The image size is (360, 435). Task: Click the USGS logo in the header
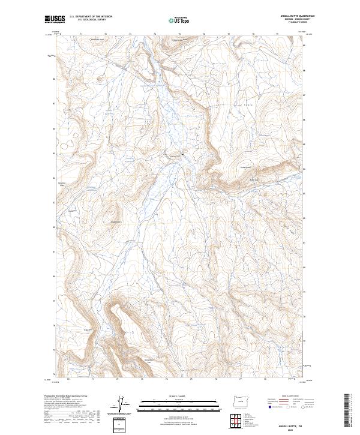pos(54,19)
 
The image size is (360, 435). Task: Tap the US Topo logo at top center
pos(177,20)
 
